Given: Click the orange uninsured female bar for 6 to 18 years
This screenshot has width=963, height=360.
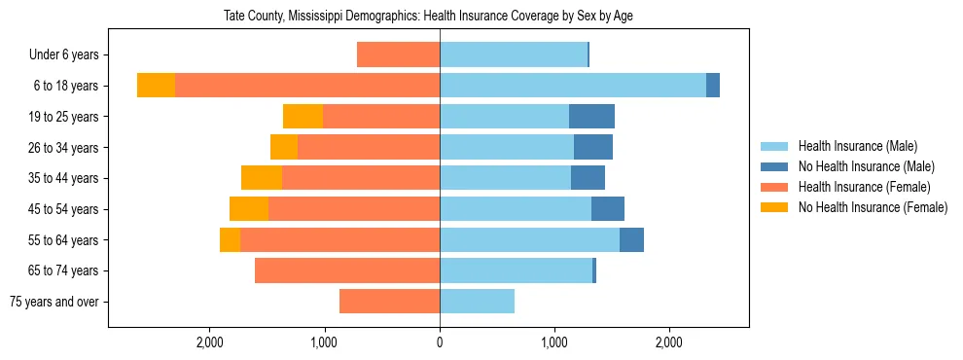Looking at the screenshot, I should (x=156, y=86).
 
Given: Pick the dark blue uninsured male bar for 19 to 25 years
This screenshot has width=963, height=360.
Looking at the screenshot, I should (x=591, y=117).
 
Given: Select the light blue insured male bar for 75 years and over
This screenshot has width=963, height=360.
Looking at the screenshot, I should (x=477, y=302).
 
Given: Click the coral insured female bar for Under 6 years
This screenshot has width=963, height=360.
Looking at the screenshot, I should (x=398, y=54).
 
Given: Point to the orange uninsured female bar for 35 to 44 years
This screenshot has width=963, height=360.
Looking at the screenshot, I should (x=262, y=178).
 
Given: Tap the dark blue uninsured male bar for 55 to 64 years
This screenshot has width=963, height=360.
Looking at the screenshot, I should (x=631, y=240).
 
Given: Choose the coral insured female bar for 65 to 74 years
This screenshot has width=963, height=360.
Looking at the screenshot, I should (x=347, y=270).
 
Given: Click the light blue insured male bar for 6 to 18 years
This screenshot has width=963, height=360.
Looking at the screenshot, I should (x=573, y=86).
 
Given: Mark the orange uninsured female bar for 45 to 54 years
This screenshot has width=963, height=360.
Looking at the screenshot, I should (x=249, y=209).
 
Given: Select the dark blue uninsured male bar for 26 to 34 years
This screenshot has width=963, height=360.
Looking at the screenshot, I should (x=593, y=147).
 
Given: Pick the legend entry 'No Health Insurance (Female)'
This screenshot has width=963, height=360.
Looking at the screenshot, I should (x=873, y=207).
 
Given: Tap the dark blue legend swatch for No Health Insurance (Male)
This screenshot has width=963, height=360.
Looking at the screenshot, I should (x=774, y=167).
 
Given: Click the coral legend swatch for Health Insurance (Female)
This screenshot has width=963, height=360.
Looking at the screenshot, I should (x=774, y=187).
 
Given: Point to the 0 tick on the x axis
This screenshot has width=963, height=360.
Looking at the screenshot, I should (x=440, y=342).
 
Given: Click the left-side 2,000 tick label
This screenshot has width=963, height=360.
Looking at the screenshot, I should (x=210, y=342).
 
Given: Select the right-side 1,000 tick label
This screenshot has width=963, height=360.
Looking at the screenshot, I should (x=554, y=342).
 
